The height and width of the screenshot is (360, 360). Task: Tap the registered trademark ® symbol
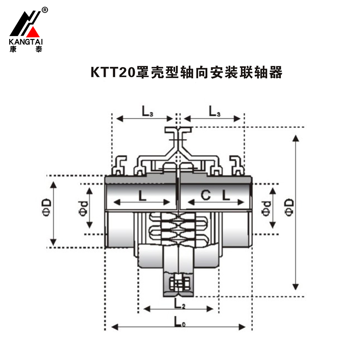(45, 10)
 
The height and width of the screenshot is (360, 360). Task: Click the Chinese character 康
(13, 49)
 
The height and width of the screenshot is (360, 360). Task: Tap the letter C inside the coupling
(205, 195)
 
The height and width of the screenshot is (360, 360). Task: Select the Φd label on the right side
(265, 208)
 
